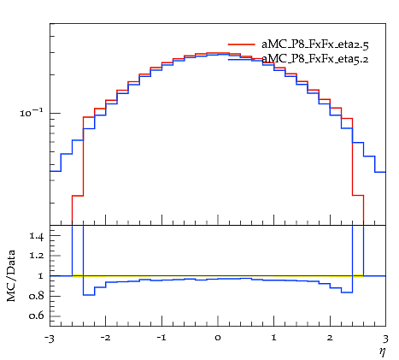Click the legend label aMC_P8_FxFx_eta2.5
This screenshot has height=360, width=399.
pyautogui.click(x=315, y=44)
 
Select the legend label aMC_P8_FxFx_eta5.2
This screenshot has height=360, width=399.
pyautogui.click(x=315, y=59)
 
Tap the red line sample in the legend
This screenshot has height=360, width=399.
pyautogui.click(x=242, y=44)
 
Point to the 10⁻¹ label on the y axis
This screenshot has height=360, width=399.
pyautogui.click(x=32, y=113)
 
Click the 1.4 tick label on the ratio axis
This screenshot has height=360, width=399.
pyautogui.click(x=36, y=236)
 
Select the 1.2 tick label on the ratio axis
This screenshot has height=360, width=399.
pyautogui.click(x=36, y=256)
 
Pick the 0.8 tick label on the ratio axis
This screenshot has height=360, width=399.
pyautogui.click(x=36, y=296)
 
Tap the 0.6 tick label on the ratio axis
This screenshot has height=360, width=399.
pyautogui.click(x=36, y=316)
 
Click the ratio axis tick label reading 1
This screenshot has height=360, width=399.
pyautogui.click(x=40, y=276)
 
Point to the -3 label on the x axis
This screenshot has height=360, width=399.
pyautogui.click(x=50, y=339)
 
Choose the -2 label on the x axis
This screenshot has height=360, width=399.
pyautogui.click(x=105, y=338)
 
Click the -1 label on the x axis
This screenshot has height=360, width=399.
pyautogui.click(x=161, y=338)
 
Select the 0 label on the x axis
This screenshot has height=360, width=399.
pyautogui.click(x=218, y=338)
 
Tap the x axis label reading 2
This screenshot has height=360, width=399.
pyautogui.click(x=330, y=338)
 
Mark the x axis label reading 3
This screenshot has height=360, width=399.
pyautogui.click(x=385, y=339)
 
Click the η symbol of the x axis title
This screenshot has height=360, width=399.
pyautogui.click(x=382, y=352)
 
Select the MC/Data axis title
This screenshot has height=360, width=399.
pyautogui.click(x=11, y=275)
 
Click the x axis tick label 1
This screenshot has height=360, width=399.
pyautogui.click(x=274, y=338)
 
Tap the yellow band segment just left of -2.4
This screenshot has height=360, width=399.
pyautogui.click(x=78, y=276)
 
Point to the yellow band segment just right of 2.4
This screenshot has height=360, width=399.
pyautogui.click(x=358, y=276)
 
